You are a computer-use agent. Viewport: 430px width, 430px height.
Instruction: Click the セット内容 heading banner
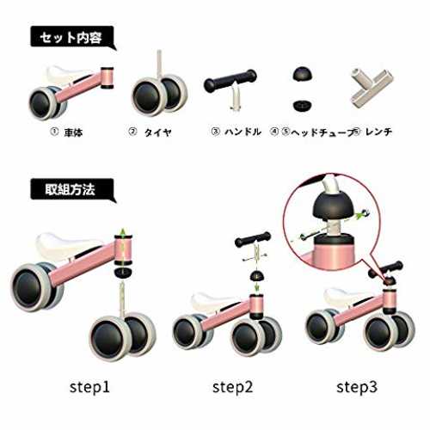coord(72,37)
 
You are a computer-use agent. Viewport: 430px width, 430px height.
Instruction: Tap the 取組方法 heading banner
coord(72,189)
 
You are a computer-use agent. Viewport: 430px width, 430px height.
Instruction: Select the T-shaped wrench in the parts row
coord(372,88)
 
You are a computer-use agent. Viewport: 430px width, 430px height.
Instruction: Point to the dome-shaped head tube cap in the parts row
coord(303,74)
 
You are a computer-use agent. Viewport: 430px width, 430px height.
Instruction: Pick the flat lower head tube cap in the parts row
coord(303,106)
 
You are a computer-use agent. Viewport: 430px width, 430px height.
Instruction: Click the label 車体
coord(73,132)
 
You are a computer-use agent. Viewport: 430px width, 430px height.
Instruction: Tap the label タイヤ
coord(158,132)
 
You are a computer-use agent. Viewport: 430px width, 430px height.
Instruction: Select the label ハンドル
coord(243,132)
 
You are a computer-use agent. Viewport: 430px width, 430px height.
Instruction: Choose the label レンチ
coord(378,132)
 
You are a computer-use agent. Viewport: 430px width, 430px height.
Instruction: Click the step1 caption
coord(89,387)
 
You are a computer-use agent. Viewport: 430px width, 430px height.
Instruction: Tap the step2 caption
coord(233,387)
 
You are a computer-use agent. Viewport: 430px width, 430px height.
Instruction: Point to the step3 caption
coord(357,387)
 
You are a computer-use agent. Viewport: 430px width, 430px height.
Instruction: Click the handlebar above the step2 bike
coord(253,239)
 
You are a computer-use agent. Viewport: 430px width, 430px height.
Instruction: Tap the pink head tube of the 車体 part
coord(107,77)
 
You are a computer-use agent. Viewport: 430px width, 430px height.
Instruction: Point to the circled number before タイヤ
coord(132,132)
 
